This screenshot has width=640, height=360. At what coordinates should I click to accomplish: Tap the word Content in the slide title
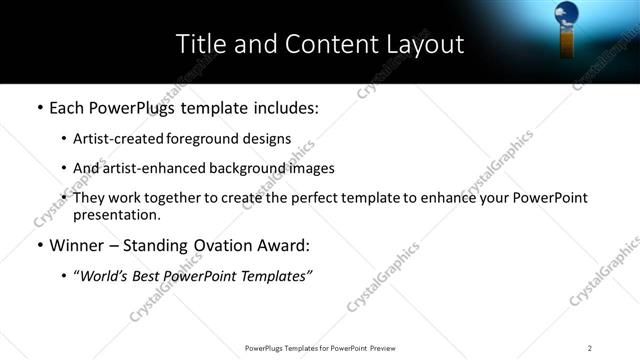point(321,44)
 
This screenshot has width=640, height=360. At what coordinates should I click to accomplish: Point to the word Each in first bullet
point(67,107)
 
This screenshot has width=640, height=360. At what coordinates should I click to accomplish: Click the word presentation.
point(117,214)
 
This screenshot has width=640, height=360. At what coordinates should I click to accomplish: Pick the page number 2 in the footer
point(590,348)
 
